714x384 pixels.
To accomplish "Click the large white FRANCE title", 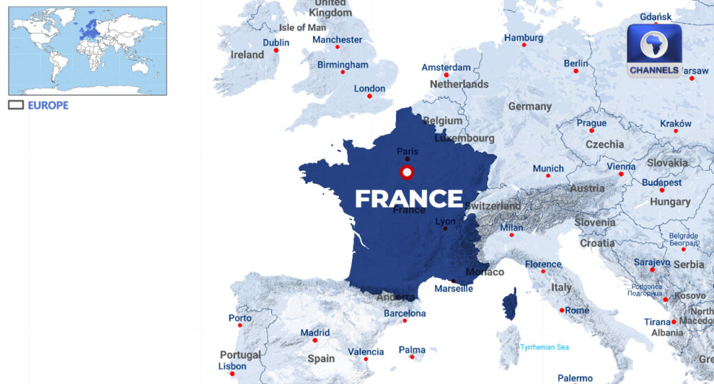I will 409,199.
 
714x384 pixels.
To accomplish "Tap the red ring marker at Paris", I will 407,172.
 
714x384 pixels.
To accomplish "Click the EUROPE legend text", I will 48,105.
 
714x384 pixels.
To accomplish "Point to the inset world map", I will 87,50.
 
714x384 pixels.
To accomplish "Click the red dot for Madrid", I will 314,340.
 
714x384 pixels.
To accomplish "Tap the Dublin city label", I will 276,43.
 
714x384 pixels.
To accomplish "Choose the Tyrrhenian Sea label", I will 545,347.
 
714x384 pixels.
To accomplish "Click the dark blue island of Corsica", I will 510,305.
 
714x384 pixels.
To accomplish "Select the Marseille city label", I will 453,289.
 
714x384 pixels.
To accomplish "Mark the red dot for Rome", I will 562,310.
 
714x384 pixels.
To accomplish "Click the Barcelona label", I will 404,314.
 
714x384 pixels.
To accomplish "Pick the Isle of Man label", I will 302,28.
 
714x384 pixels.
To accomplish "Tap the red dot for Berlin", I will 576,70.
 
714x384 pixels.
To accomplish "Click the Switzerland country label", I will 492,206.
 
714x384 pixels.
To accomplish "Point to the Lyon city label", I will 445,222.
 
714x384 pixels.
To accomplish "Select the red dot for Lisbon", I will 232,374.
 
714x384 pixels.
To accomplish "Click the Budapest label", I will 662,182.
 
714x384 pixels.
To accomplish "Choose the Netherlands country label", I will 459,84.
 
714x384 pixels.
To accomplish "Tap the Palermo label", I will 575,378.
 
